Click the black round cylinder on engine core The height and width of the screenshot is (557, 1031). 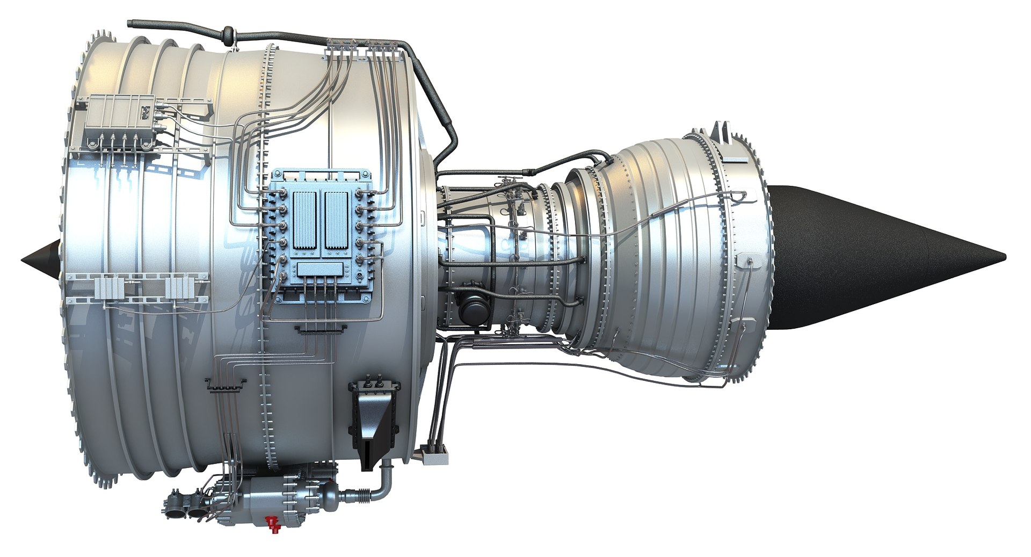click(475, 311)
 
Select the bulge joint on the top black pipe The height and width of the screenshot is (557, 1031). click(228, 35)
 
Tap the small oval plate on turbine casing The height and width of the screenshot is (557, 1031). click(746, 261)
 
